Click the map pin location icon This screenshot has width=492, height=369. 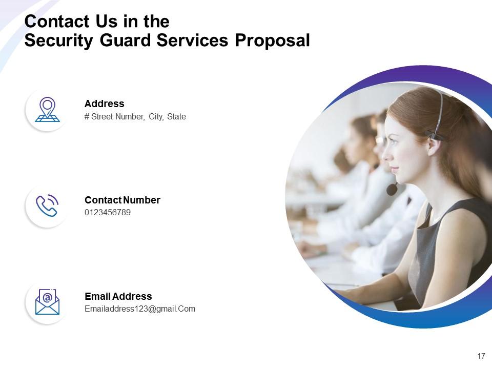(47, 110)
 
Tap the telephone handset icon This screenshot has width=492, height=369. (47, 206)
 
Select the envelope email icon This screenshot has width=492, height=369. (47, 301)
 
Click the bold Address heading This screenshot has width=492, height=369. (104, 104)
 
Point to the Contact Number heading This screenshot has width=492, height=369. (122, 200)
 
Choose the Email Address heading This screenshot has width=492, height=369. (118, 296)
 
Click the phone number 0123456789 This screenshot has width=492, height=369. (108, 212)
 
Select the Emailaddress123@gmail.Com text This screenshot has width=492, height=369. (139, 309)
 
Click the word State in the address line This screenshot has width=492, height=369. (176, 117)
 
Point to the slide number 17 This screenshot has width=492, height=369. (481, 356)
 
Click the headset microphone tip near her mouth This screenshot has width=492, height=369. (392, 189)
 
